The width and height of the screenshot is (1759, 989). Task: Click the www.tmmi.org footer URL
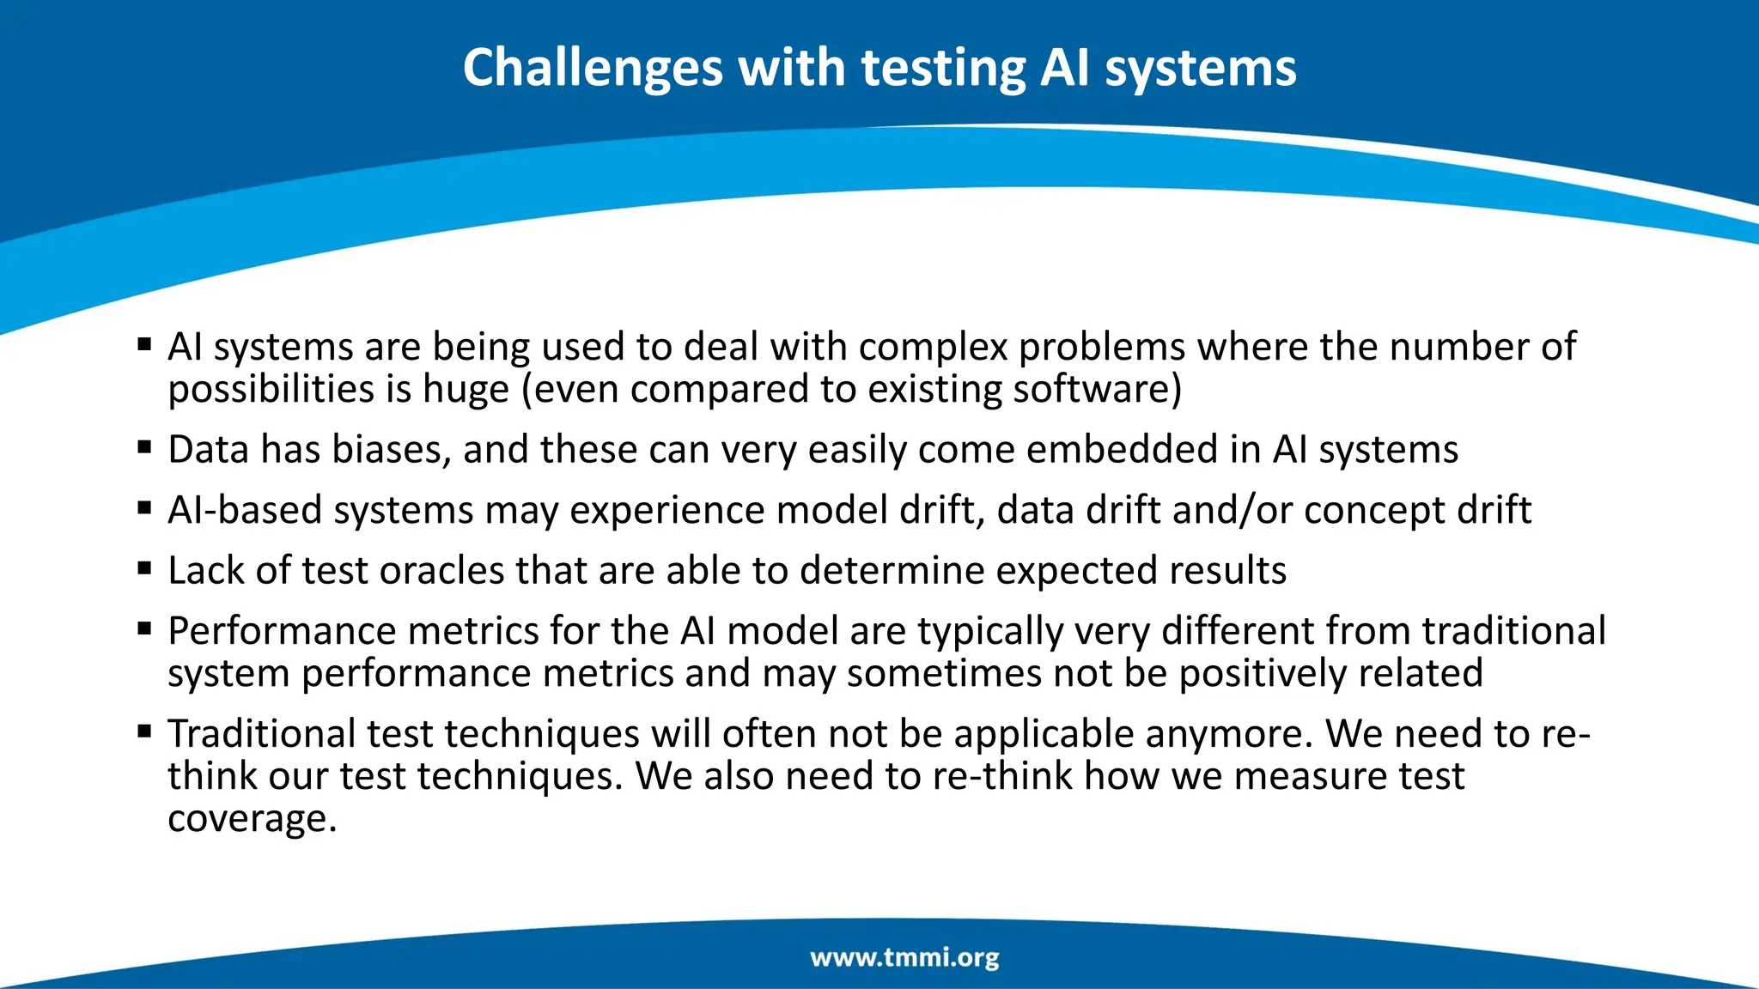(904, 957)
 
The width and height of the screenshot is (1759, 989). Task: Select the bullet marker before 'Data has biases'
(144, 447)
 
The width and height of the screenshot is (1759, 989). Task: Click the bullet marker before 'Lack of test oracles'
(144, 568)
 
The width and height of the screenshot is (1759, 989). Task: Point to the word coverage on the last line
(252, 819)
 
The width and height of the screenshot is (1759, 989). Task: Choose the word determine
(892, 571)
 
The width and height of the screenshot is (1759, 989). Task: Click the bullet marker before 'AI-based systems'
(144, 507)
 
